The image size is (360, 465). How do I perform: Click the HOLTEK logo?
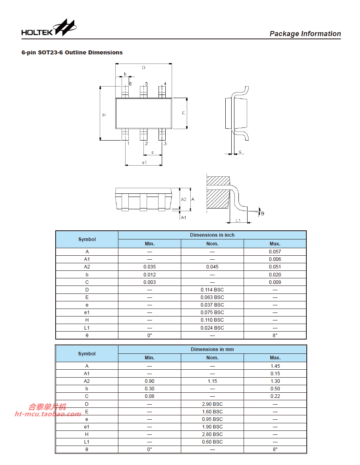click(48, 28)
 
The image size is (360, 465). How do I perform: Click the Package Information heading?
click(305, 34)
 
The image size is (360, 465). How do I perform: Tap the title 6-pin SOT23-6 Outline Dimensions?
click(72, 52)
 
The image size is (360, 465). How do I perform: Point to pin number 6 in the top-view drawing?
click(130, 84)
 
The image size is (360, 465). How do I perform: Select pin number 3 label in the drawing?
click(165, 143)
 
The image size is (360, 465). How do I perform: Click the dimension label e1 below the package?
click(144, 162)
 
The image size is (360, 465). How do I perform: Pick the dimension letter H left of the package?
click(104, 115)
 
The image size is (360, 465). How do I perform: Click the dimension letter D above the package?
click(144, 68)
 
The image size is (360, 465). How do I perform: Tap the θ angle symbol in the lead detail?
click(262, 214)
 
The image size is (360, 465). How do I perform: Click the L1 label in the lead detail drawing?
click(238, 220)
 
